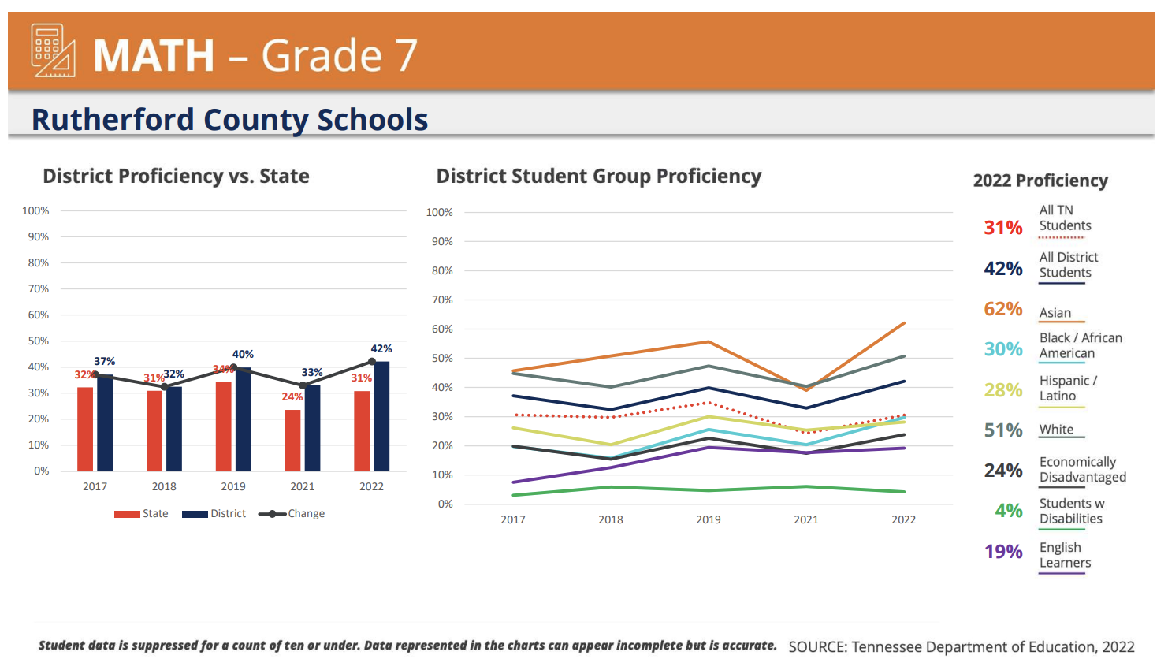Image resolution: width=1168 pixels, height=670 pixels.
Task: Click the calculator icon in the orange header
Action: pyautogui.click(x=53, y=50)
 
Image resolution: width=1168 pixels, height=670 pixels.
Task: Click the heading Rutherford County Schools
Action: pyautogui.click(x=229, y=120)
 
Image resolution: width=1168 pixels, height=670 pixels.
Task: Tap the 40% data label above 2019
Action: pyautogui.click(x=243, y=355)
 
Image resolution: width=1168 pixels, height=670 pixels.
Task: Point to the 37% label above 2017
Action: pyautogui.click(x=105, y=361)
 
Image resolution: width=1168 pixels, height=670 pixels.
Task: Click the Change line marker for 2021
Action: pyautogui.click(x=303, y=385)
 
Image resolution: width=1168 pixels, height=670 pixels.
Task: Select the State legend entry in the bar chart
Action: pyautogui.click(x=142, y=514)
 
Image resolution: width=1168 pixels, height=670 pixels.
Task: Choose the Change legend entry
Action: pyautogui.click(x=292, y=514)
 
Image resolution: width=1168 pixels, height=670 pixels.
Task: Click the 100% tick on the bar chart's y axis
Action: pyautogui.click(x=35, y=211)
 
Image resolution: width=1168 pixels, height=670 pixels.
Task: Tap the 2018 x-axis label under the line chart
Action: pyautogui.click(x=611, y=519)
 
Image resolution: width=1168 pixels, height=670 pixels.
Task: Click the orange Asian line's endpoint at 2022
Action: pyautogui.click(x=904, y=323)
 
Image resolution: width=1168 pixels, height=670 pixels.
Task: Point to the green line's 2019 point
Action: pyautogui.click(x=709, y=490)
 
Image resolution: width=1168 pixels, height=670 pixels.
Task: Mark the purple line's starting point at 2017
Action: pyautogui.click(x=513, y=482)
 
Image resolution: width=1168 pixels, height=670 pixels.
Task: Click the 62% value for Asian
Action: pyautogui.click(x=1002, y=309)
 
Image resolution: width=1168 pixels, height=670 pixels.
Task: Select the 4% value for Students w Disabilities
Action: pyautogui.click(x=1008, y=511)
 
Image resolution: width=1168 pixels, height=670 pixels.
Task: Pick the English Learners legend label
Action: pyautogui.click(x=1065, y=555)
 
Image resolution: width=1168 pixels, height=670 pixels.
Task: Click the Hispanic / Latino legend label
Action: pyautogui.click(x=1067, y=389)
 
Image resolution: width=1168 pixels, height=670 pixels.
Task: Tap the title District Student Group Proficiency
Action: pyautogui.click(x=599, y=177)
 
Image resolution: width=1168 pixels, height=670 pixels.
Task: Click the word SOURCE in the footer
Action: pyautogui.click(x=816, y=647)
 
